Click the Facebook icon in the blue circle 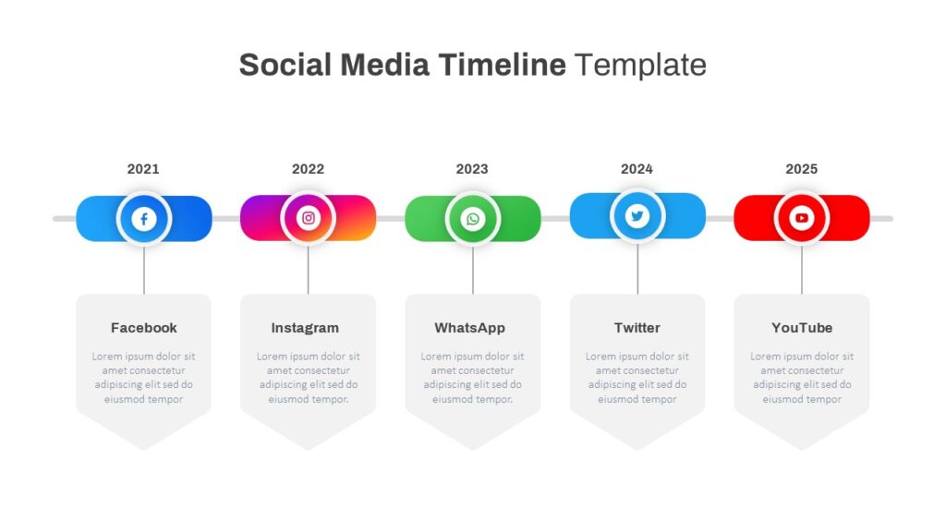(x=143, y=218)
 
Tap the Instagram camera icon (x=309, y=218)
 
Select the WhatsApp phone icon (x=473, y=218)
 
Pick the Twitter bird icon (x=637, y=215)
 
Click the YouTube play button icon (x=802, y=218)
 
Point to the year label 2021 (x=143, y=169)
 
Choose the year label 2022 (x=308, y=169)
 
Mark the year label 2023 (x=472, y=169)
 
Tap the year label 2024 (x=637, y=169)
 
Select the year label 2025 (x=801, y=169)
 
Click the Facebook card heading (x=143, y=328)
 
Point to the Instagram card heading (x=305, y=328)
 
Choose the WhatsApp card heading (x=469, y=328)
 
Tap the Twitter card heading (x=637, y=328)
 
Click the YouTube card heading (x=802, y=328)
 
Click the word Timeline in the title (x=502, y=65)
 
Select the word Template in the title (x=640, y=66)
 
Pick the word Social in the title (x=285, y=65)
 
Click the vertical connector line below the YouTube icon (x=802, y=270)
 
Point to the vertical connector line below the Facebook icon (x=143, y=270)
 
